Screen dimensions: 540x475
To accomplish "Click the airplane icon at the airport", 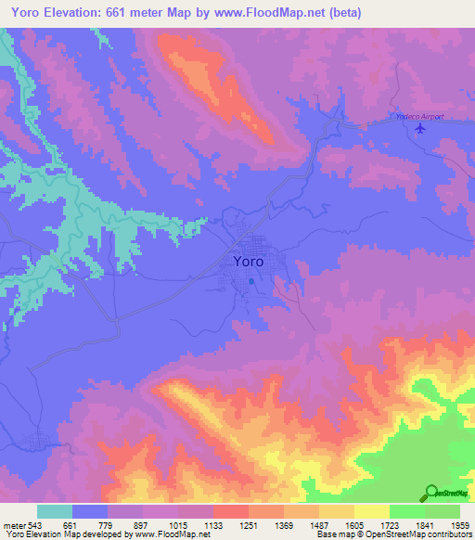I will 421,128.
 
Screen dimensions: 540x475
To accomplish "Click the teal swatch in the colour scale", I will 55,511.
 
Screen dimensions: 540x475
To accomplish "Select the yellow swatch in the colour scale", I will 372,511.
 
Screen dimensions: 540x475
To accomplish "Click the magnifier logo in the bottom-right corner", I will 431,493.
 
